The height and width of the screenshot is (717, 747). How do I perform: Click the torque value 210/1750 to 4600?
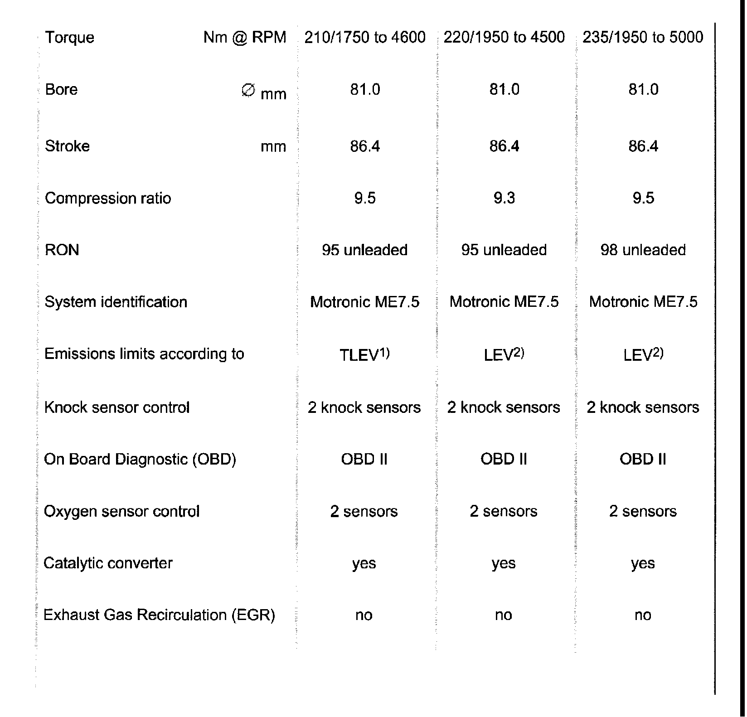click(365, 37)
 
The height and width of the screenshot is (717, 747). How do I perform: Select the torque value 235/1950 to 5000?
click(643, 37)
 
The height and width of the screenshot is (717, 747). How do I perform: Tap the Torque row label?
click(69, 37)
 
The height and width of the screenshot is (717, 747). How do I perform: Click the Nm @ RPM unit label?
click(245, 37)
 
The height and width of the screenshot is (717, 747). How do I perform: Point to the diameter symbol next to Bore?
click(247, 91)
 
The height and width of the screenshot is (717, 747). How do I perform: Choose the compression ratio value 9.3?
click(504, 198)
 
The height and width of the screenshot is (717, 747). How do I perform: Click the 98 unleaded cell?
click(643, 250)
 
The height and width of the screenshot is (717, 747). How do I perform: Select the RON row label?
click(62, 250)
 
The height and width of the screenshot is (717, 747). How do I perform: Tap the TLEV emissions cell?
click(364, 355)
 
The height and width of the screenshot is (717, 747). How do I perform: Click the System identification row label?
click(116, 302)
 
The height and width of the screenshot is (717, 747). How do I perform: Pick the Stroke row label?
click(67, 146)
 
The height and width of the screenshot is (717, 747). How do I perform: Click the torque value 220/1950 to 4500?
click(504, 37)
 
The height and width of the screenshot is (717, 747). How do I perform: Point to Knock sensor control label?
click(116, 407)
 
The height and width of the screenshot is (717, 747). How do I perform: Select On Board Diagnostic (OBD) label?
click(140, 459)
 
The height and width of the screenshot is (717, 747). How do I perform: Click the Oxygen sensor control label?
click(121, 511)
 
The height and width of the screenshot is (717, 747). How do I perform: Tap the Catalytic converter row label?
click(108, 563)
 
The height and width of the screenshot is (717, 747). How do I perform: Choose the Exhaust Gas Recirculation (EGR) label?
click(159, 615)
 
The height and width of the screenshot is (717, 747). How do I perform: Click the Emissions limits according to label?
click(144, 354)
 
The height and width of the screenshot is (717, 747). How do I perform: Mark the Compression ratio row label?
click(108, 198)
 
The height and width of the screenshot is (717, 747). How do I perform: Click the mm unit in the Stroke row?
click(273, 147)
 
